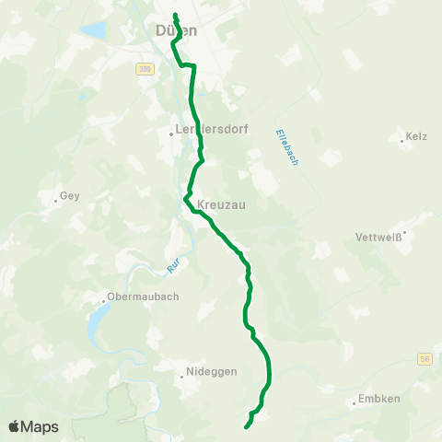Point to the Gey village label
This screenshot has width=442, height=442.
[x=70, y=196]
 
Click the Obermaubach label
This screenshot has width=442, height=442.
[x=143, y=297]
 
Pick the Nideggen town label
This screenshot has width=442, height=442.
[x=212, y=372]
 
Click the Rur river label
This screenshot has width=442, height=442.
[x=173, y=267]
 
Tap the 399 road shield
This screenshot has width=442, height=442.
[x=145, y=69]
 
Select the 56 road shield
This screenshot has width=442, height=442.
[x=424, y=358]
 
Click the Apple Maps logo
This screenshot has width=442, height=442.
[x=33, y=426]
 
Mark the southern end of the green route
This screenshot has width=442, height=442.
[x=246, y=426]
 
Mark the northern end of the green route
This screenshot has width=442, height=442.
[x=174, y=14]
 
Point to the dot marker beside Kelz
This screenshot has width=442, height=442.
[x=402, y=141]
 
